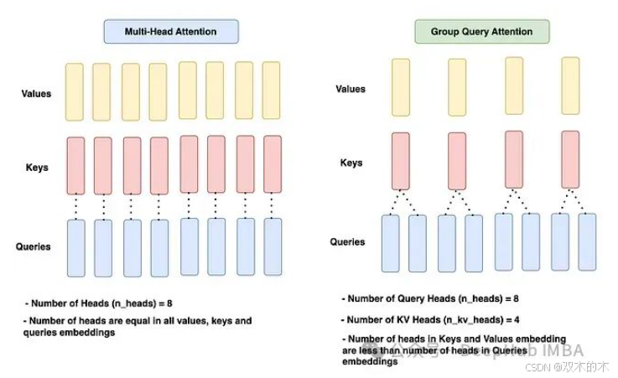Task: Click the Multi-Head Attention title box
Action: coord(171,32)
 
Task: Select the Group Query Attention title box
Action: coord(482,32)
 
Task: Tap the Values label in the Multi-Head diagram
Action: coord(36,94)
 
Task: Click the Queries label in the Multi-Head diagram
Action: coord(34,246)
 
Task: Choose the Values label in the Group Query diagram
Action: coord(351,89)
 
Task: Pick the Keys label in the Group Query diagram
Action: coord(351,163)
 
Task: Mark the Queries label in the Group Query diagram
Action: coord(347,241)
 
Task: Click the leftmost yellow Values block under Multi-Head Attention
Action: coord(75,91)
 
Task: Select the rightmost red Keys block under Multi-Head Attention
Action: coord(273,164)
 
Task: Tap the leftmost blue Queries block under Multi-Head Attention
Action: coord(75,248)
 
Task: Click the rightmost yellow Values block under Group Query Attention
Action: coord(570,85)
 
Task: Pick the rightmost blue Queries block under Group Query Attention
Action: coord(586,242)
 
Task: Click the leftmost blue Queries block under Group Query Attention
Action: coord(391,243)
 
